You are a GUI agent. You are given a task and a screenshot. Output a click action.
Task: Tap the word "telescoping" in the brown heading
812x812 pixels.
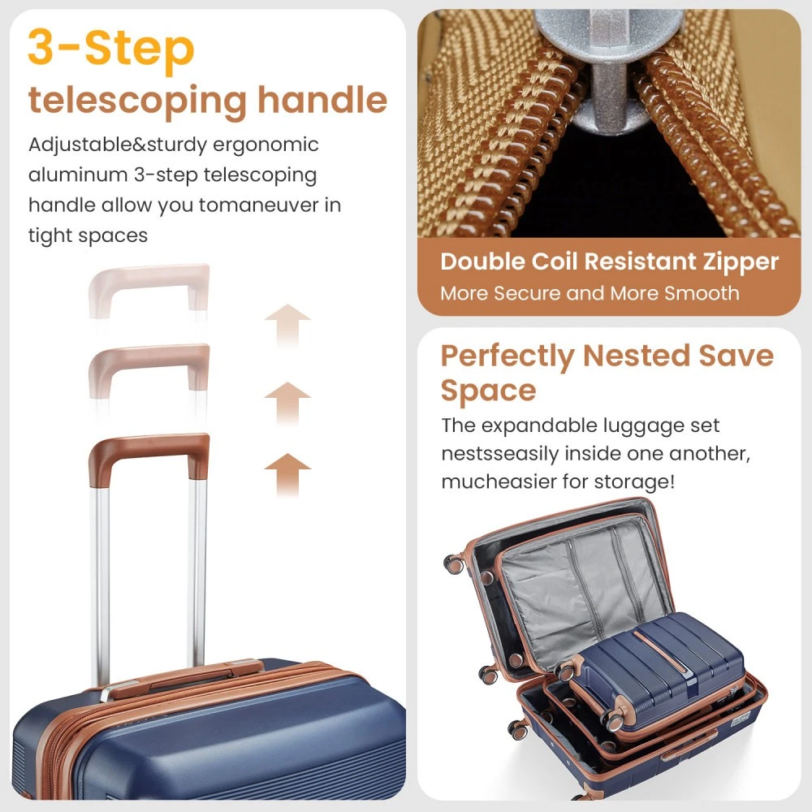click(137, 101)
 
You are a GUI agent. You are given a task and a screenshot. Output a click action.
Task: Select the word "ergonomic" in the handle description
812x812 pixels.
click(266, 145)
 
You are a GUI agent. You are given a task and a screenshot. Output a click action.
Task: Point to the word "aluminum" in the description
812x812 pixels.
click(78, 175)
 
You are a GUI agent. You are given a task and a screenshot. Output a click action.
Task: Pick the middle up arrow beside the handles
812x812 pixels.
click(287, 404)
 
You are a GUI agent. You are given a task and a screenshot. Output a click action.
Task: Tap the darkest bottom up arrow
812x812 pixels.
click(287, 474)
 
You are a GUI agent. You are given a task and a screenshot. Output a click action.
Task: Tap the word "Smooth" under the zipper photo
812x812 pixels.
click(702, 294)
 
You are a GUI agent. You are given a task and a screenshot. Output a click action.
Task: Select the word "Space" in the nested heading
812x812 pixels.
click(488, 391)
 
